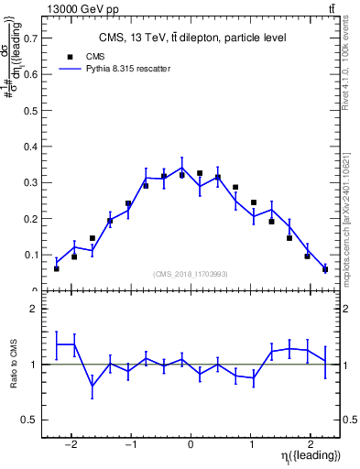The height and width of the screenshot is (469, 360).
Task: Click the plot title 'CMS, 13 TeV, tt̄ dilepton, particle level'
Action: (x=192, y=38)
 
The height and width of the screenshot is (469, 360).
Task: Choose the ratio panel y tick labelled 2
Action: (x=35, y=310)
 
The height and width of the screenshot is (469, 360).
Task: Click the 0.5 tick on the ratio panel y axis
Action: (x=32, y=420)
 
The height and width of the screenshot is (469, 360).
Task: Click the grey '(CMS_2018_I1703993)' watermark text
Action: (x=190, y=273)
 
